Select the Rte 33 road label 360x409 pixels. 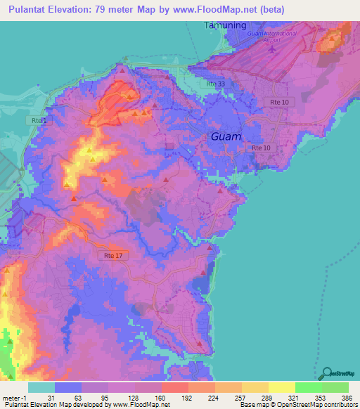coord(217,84)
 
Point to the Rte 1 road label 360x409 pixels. coord(40,121)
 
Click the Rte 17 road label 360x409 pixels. coord(113,255)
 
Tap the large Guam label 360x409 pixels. coord(226,137)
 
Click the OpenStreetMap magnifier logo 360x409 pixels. coord(326,373)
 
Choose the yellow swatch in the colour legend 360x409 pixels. coord(281,387)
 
